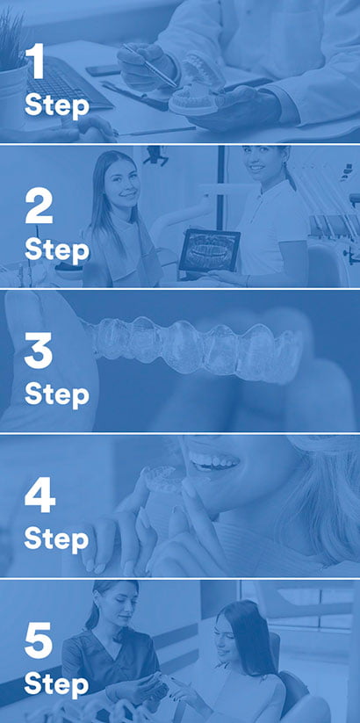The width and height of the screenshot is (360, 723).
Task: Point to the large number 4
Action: pos(40,495)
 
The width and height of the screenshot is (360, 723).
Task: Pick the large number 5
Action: pos(39,639)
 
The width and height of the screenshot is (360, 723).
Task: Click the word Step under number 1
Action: pos(56,105)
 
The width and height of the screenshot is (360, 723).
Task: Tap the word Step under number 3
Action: pos(56,394)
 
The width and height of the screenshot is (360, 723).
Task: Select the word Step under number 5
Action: pos(56,682)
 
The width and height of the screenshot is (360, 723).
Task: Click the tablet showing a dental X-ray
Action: pos(209,249)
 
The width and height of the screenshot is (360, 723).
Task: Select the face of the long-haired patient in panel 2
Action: pos(122,183)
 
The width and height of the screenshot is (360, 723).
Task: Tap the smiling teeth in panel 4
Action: pos(216,460)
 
